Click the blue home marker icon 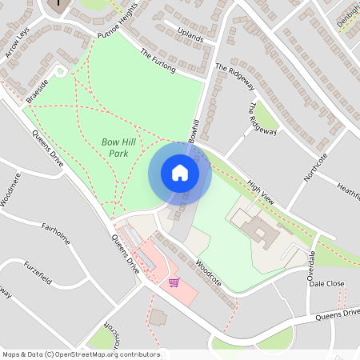[180, 173]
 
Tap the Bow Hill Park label [116, 146]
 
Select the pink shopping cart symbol [174, 282]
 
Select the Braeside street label [38, 90]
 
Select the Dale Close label [326, 283]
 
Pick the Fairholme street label [58, 231]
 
